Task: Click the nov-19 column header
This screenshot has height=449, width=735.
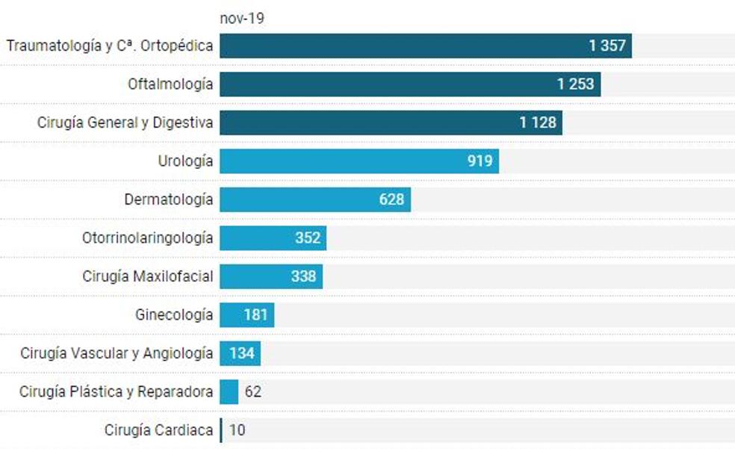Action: [241, 19]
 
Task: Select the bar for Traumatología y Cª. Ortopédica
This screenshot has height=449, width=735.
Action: [403, 46]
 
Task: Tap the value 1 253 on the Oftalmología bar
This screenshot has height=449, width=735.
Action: [575, 84]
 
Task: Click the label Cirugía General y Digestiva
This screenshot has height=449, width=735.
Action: [125, 123]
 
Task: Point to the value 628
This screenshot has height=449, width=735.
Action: [391, 199]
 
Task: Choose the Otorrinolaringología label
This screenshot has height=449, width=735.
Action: [147, 238]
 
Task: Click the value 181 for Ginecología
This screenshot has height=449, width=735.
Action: [255, 315]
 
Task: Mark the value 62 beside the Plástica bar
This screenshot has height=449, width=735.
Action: [253, 391]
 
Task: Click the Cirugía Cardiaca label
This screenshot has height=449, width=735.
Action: [158, 430]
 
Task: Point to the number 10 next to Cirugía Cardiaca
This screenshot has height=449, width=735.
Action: [238, 430]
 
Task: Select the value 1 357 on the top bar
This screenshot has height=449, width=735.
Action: [607, 46]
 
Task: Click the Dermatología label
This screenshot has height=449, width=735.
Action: [168, 199]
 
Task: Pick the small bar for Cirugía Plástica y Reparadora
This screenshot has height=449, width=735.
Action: [229, 391]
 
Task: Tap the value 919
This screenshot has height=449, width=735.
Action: [480, 161]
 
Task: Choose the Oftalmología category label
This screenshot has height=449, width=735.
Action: [170, 84]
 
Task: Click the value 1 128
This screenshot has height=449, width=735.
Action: [538, 123]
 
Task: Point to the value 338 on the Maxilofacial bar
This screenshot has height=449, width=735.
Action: [303, 276]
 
